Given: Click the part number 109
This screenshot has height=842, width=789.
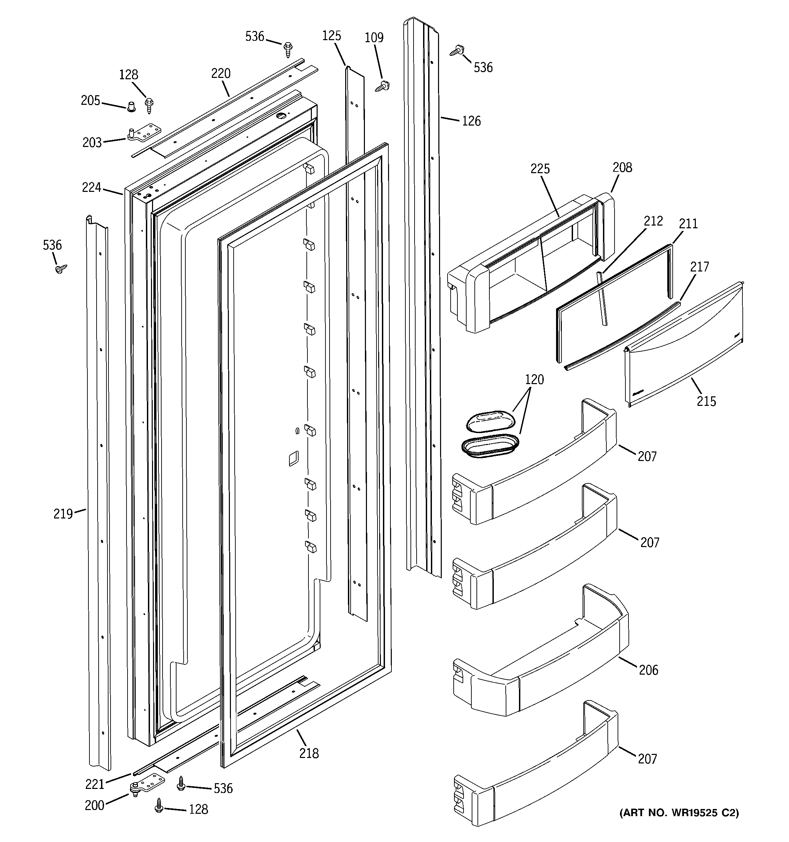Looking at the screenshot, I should (374, 38).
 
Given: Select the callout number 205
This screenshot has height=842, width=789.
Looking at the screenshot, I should (90, 100).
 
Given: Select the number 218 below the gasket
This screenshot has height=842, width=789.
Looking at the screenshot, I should (309, 753).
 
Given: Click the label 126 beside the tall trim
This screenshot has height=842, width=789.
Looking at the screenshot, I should (471, 121).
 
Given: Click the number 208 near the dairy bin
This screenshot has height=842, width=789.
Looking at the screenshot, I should (622, 167).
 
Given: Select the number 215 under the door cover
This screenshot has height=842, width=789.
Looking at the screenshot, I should (706, 401).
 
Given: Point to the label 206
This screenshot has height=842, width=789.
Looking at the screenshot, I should (649, 670).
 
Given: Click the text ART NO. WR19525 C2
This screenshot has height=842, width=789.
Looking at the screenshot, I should (679, 813).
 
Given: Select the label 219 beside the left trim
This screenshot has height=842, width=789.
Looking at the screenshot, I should (63, 514).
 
